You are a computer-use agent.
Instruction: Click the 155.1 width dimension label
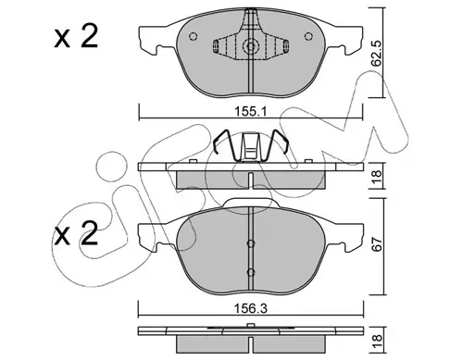tap(251, 111)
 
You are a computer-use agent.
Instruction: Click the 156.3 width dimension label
tap(251, 308)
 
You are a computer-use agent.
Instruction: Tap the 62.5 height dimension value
tap(377, 53)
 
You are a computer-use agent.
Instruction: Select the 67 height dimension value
tap(377, 243)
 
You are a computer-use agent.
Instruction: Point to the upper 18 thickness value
tap(377, 176)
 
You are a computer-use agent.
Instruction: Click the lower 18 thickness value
tap(377, 341)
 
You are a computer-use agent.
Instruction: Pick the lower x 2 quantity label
tap(76, 233)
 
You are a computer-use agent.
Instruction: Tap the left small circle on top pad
tap(193, 36)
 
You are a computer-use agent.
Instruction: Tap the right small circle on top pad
tap(308, 36)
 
